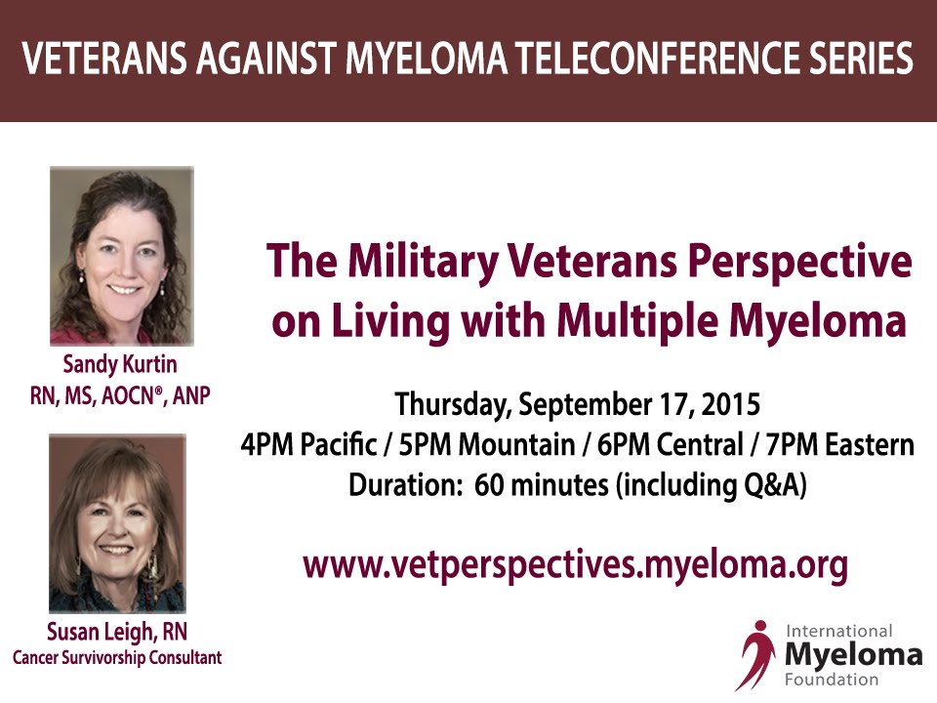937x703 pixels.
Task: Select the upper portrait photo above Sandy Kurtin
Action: [x=122, y=256]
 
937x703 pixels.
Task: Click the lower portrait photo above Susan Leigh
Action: [x=118, y=523]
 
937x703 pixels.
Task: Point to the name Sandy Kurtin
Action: [x=120, y=364]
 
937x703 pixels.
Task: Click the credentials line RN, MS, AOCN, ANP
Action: [x=120, y=395]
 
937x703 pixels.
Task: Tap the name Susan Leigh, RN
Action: [x=117, y=632]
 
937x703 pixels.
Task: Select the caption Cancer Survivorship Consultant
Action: [x=117, y=657]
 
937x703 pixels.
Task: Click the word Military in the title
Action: [x=423, y=262]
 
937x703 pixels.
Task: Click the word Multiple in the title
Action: [x=637, y=321]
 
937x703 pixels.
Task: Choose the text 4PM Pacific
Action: [x=309, y=445]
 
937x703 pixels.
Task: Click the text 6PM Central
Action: [x=670, y=445]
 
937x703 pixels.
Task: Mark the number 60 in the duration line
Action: [x=489, y=484]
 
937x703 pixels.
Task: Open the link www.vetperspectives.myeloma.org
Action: [x=576, y=565]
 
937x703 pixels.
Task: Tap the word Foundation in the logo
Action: [x=832, y=680]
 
